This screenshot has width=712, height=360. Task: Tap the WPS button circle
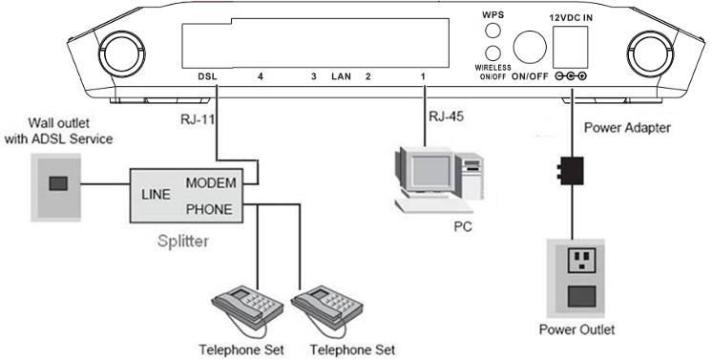coord(492,30)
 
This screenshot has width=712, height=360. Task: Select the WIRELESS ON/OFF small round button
coord(492,53)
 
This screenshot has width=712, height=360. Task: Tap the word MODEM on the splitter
coord(210,182)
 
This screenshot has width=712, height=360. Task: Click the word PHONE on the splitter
coord(210,204)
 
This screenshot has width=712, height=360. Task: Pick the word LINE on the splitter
coord(157,194)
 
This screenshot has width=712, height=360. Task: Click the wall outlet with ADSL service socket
coord(57,184)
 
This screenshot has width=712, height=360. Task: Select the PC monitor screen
coord(420,169)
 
